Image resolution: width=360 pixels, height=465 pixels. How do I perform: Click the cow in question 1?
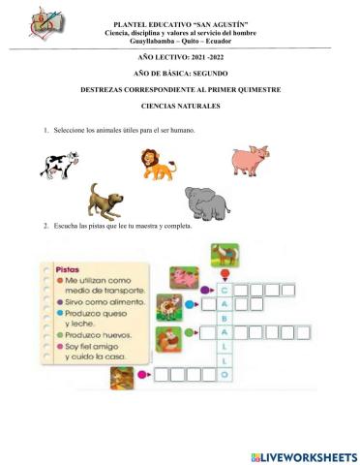coord(59,165)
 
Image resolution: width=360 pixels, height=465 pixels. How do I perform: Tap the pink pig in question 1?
coord(250,161)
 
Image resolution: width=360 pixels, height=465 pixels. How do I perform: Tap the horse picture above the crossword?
coord(225,255)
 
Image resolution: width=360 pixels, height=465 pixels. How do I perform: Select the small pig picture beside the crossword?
coord(184,278)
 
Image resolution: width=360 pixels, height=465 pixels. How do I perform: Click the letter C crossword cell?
coord(225,289)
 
